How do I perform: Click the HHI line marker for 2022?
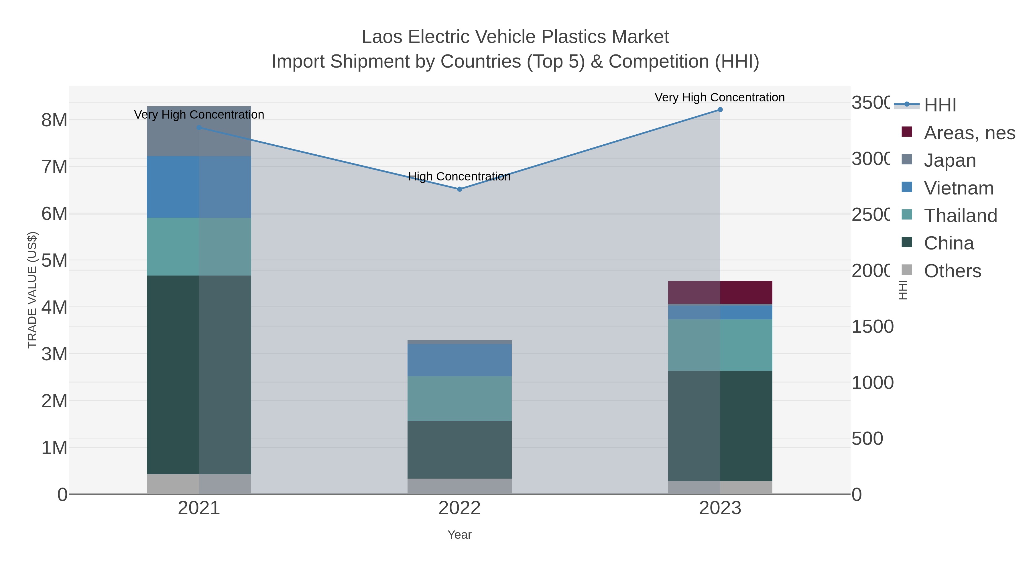tap(459, 189)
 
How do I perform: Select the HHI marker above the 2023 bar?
tap(720, 110)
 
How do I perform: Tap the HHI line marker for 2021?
tap(199, 128)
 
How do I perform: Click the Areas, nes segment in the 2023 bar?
tap(720, 293)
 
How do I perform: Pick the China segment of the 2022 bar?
tap(459, 449)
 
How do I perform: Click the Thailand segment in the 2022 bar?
tap(459, 398)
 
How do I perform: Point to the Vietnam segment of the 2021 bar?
tap(199, 187)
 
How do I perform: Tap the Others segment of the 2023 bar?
tap(720, 487)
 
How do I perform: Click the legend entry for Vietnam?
tap(958, 188)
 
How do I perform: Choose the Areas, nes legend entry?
tap(969, 133)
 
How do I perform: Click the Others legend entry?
tap(952, 271)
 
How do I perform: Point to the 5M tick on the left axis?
tap(54, 261)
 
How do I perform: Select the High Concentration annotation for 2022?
tap(459, 176)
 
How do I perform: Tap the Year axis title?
tap(459, 535)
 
